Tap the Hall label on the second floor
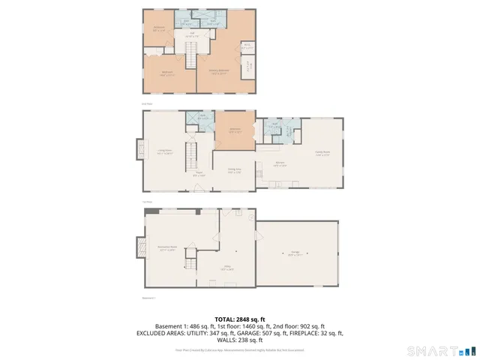coord(191,34)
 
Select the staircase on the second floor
coord(191,57)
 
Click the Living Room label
coord(165,152)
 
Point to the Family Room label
coord(322,152)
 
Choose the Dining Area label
coord(235,170)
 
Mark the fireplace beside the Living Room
coord(139,149)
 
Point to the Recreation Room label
coord(166,247)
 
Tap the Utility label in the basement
coord(228,268)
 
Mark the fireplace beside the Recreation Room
coord(139,246)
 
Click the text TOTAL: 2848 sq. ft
coord(240,319)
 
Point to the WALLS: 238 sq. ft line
coord(240,339)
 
